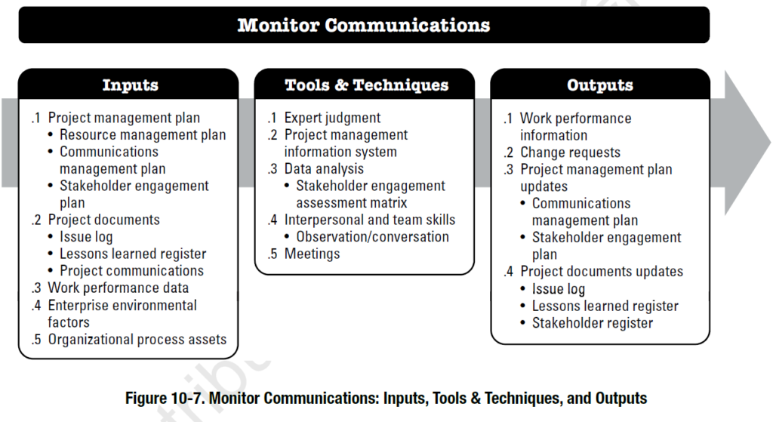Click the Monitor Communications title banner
point(364,25)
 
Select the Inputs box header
point(130,85)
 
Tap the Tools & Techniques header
point(366,85)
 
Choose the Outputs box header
point(600,85)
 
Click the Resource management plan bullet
point(143,134)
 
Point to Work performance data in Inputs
point(118,288)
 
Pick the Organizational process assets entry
point(137,339)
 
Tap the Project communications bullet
point(131,270)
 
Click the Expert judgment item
point(332,118)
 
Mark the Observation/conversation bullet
point(372,236)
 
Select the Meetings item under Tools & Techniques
point(312,254)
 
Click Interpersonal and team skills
point(369,220)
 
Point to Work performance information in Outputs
point(575,127)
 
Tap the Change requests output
point(570,152)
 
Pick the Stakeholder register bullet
point(593,322)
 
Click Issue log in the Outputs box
point(558,288)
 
